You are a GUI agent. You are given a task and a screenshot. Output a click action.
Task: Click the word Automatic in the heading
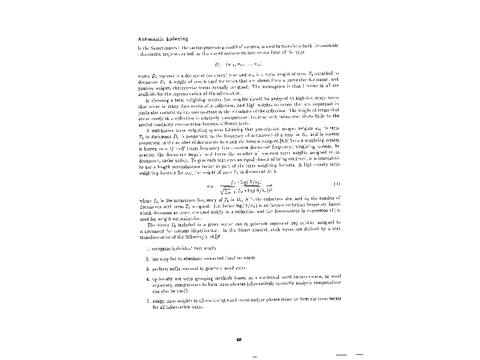pyautogui.click(x=150, y=39)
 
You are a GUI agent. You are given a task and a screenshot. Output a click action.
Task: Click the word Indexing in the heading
pyautogui.click(x=175, y=39)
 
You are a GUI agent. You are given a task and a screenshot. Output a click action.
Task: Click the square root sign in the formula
pyautogui.click(x=222, y=190)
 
